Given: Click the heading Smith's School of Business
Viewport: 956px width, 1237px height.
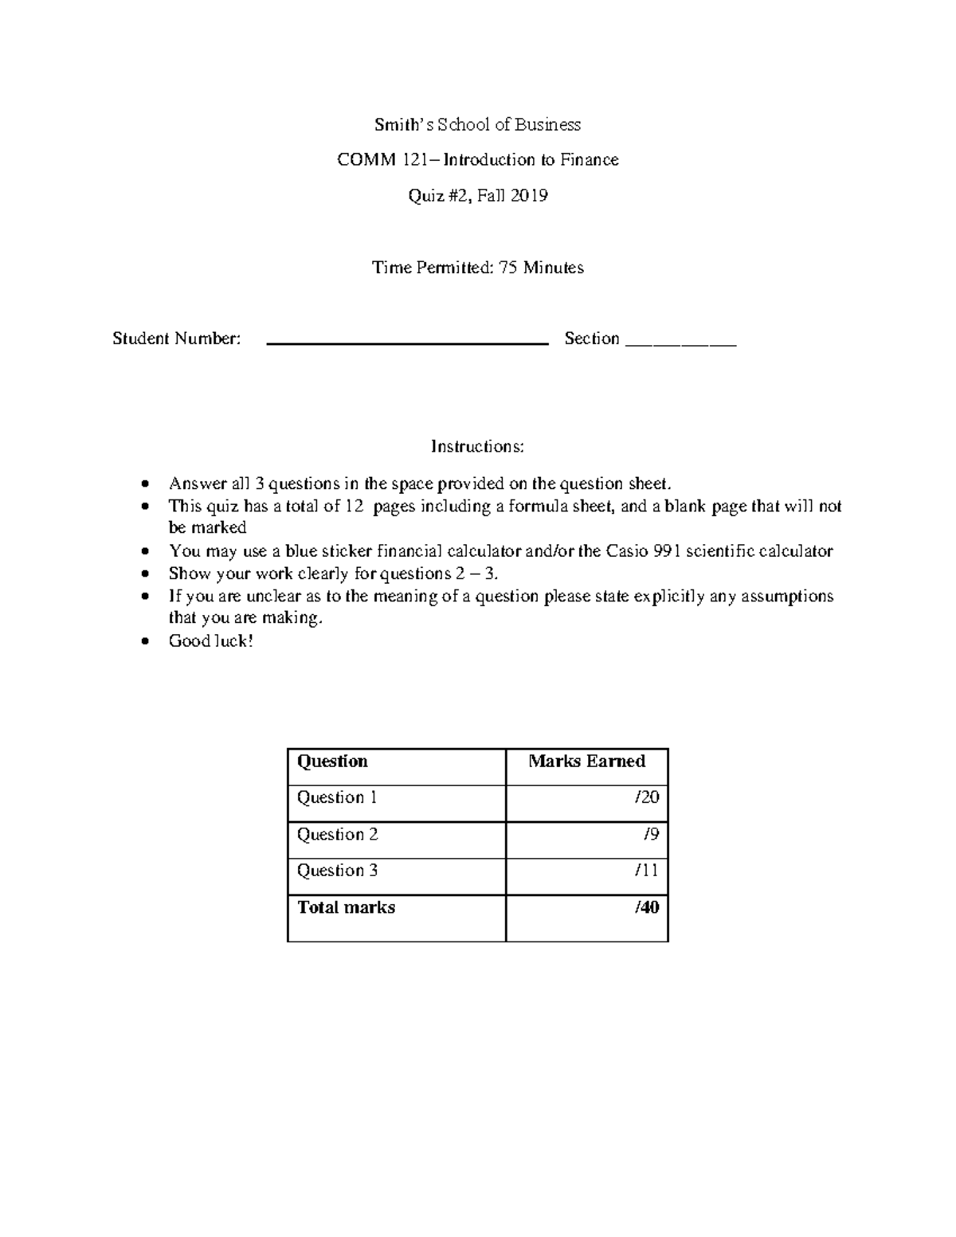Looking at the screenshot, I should coord(478,124).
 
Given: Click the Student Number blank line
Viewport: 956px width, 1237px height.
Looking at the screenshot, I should coord(407,343).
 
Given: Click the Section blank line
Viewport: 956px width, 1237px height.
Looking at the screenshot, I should coord(681,344).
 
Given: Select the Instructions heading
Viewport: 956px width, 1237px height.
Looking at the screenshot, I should coord(478,446).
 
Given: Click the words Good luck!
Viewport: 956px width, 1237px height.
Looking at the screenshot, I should coord(210,641).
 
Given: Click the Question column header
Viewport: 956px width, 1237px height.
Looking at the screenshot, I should coord(332,761).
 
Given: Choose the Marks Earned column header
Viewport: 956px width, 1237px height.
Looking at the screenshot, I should coord(586,761).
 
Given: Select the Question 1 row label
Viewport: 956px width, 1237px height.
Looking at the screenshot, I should coord(331,797).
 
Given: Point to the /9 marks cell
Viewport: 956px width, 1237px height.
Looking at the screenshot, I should coord(651,835).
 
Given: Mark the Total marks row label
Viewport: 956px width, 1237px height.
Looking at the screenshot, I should coord(346,908).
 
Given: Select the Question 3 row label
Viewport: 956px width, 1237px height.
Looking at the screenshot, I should coord(337,871).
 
